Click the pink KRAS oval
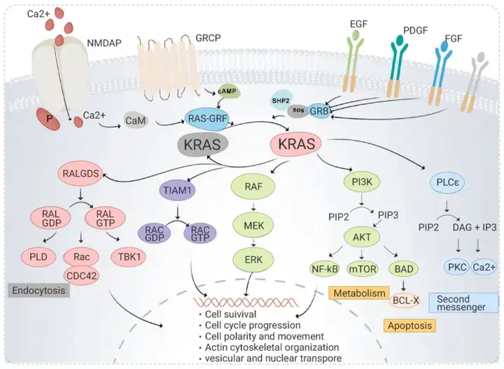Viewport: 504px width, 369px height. click(x=296, y=144)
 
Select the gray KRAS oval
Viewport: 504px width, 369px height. click(x=202, y=145)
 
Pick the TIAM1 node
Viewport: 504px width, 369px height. click(x=177, y=190)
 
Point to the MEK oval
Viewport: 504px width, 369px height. click(x=253, y=225)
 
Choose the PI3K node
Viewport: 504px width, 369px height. click(x=362, y=182)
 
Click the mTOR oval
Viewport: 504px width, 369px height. click(x=363, y=269)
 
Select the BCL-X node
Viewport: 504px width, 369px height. click(x=405, y=300)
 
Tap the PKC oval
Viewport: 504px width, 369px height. click(x=457, y=267)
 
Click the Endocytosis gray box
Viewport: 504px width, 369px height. click(x=38, y=291)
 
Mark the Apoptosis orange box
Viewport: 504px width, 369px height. click(x=409, y=326)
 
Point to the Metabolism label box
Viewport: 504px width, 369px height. click(x=359, y=293)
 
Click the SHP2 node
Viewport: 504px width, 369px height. click(x=281, y=100)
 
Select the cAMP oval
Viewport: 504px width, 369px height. click(x=227, y=92)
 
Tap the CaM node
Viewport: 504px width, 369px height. click(x=136, y=120)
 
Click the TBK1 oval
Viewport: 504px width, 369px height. click(x=129, y=257)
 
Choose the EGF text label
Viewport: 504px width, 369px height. click(x=358, y=24)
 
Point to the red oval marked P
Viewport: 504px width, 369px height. click(x=49, y=119)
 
